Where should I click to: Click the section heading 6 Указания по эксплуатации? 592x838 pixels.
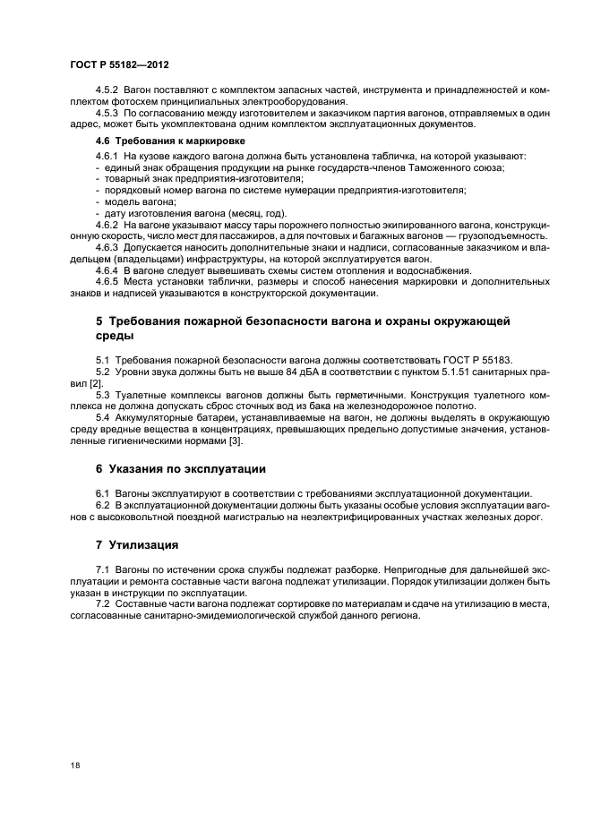pos(180,468)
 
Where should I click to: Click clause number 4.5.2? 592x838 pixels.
pos(108,92)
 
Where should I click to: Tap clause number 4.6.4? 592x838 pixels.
pos(108,269)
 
